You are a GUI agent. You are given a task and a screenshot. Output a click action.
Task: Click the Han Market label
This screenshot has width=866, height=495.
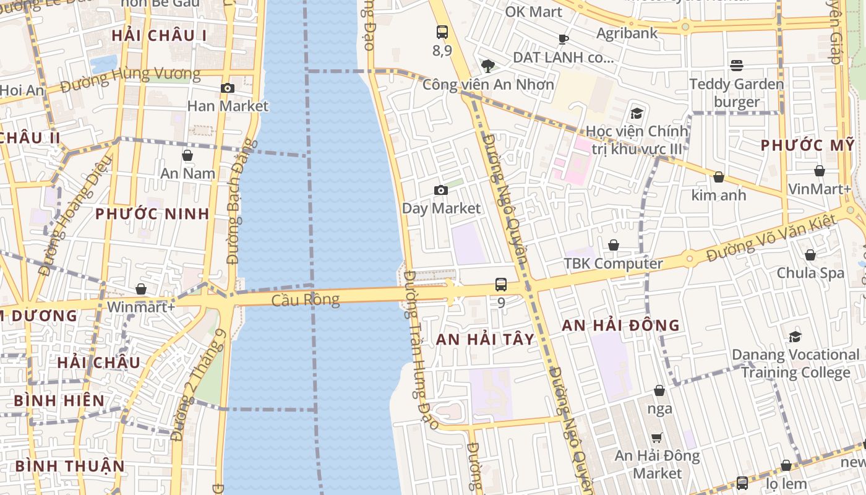[228, 106]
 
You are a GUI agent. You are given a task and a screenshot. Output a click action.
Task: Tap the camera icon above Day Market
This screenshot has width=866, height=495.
[441, 190]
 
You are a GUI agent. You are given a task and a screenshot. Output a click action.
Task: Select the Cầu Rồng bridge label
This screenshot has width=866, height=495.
[306, 300]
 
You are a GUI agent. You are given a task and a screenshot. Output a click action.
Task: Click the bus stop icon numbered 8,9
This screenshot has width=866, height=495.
[442, 32]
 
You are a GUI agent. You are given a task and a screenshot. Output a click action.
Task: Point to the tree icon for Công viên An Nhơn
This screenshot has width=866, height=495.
[488, 66]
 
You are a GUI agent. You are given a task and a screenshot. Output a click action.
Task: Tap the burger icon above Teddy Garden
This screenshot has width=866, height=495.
[736, 65]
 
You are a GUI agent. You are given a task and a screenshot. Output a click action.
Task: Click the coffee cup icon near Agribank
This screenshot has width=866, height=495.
[563, 39]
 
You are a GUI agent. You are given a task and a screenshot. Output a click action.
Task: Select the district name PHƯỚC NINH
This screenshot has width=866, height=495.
[152, 214]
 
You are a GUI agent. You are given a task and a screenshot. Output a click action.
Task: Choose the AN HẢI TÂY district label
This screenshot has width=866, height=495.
[485, 339]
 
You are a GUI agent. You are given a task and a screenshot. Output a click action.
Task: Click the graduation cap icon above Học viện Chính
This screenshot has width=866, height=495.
[637, 113]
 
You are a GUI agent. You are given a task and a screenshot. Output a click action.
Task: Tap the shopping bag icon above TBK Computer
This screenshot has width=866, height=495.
[614, 246]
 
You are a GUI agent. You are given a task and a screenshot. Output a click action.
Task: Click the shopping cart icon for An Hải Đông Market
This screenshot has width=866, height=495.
[657, 438]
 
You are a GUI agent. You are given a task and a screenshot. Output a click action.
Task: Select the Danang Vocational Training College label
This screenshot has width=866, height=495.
[795, 364]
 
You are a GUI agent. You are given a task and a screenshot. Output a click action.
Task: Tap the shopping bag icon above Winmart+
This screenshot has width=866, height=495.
[141, 289]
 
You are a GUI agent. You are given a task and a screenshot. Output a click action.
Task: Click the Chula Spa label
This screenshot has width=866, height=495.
[810, 273]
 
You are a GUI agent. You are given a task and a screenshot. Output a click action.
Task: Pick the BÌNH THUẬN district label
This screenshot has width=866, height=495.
[70, 465]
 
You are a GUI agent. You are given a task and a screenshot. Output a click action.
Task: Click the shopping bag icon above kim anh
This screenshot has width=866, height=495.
[719, 178]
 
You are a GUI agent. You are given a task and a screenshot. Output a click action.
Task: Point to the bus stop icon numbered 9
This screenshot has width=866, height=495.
[501, 285]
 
